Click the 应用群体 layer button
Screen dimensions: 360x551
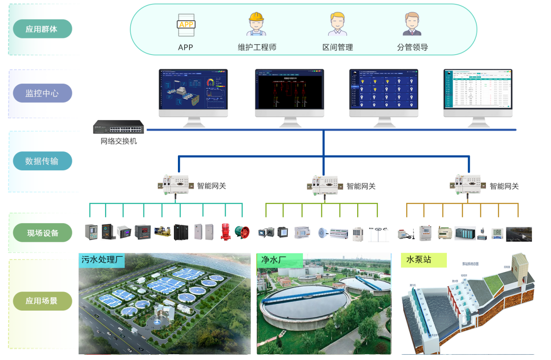pos(42,29)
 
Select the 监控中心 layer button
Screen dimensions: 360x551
pos(42,94)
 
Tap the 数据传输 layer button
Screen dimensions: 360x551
pos(42,161)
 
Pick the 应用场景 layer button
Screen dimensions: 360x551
pos(42,301)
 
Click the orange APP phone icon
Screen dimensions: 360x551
pos(186,25)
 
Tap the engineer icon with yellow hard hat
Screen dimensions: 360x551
pos(256,24)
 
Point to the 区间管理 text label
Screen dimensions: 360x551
pos(338,47)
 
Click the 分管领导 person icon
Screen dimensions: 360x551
pos(412,24)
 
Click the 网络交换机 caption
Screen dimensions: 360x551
pos(119,142)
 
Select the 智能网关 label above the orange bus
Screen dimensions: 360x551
pos(504,186)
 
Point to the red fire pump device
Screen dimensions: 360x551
pos(225,232)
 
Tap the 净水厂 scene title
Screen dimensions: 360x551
pos(272,260)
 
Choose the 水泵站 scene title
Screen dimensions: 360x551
pos(419,259)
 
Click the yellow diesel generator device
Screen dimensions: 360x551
pos(162,232)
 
